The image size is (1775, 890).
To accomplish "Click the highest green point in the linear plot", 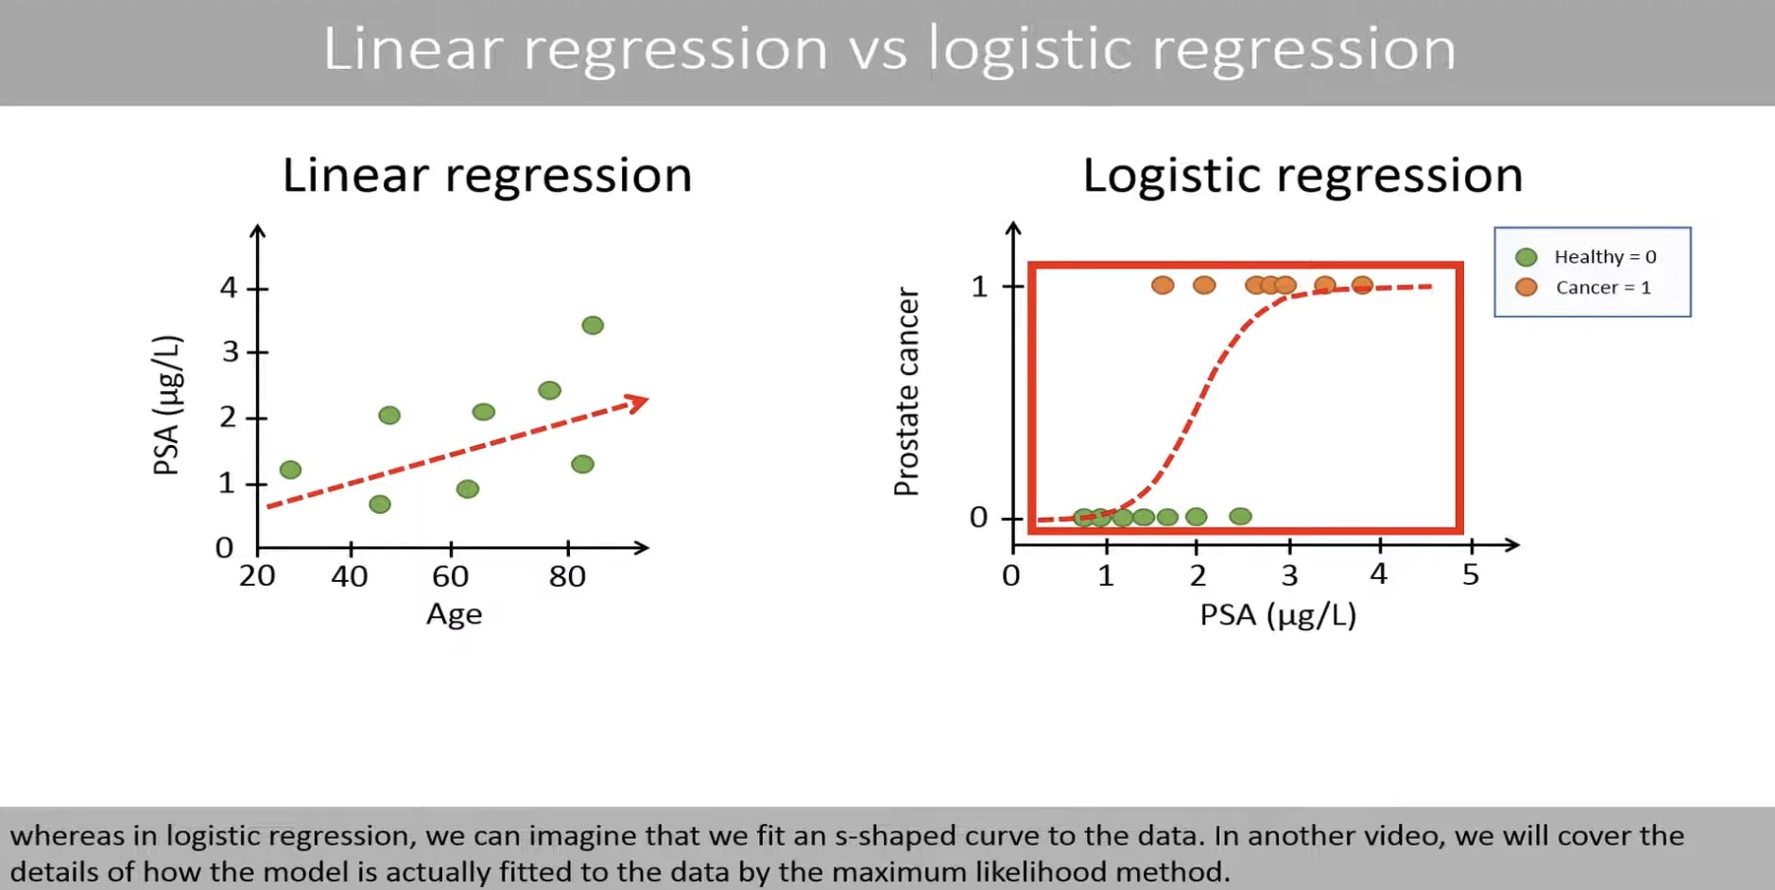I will coord(593,326).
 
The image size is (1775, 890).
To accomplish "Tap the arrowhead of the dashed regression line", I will coord(640,403).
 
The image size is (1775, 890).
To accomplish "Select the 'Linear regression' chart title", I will coord(487,176).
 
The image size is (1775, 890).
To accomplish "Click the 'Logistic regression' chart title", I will coord(1301,176).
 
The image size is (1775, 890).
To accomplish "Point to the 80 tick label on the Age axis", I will coord(567,576).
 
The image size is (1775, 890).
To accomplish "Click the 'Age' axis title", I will coord(454,615).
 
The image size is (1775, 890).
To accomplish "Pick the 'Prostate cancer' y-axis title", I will coord(906,392).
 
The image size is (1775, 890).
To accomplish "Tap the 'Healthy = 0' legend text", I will coord(1605,257).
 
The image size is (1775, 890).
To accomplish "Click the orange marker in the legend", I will coord(1525,287).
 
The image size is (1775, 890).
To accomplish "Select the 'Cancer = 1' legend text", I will coord(1603,287).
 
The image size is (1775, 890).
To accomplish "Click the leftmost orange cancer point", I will coord(1163,284).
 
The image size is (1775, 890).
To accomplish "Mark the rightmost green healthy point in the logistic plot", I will coord(1240,516).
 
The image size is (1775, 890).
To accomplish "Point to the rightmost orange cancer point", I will coord(1361,284).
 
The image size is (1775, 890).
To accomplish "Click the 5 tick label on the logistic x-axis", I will coord(1471,574).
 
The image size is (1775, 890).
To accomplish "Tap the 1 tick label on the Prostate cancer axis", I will coord(979,286).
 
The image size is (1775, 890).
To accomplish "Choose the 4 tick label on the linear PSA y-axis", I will coord(228,287).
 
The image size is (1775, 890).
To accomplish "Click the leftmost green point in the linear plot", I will coord(290,470).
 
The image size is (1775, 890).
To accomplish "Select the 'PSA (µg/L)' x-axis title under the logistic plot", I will coord(1278,615).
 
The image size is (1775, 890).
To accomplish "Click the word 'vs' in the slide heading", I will coord(877,49).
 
